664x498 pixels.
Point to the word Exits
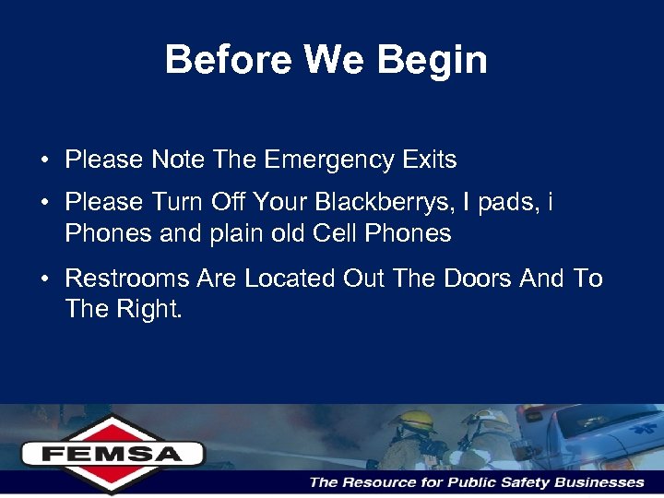(429, 160)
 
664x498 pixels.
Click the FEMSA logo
(112, 453)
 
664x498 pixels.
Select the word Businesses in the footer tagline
(600, 482)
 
